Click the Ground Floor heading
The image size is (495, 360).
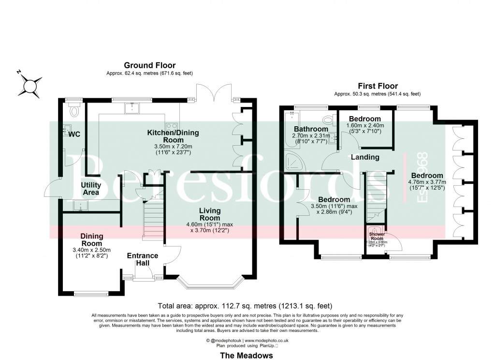[x=149, y=65]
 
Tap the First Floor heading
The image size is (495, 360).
[x=377, y=85]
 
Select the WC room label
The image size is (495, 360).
[x=74, y=134]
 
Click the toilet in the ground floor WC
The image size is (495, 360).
[x=74, y=112]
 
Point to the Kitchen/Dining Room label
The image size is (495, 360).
[x=173, y=136]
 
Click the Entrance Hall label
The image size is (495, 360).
[x=143, y=259]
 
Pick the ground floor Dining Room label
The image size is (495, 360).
[x=91, y=240]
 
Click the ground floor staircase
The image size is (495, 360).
[x=154, y=220]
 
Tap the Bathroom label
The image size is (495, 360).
[x=311, y=129]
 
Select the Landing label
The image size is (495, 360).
[x=365, y=157]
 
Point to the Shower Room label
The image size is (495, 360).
[x=377, y=235]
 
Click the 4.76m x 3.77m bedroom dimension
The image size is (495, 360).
[x=427, y=185]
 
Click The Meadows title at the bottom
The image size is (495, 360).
[x=247, y=355]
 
